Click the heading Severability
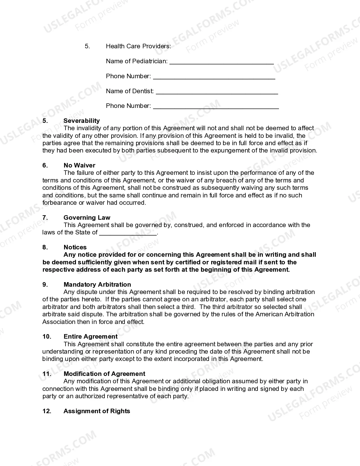[x=82, y=121]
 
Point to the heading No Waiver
[x=79, y=166]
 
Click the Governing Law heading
[x=87, y=218]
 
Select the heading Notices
[x=75, y=247]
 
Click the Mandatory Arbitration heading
[x=97, y=285]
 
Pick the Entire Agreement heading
[x=90, y=337]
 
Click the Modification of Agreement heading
[x=104, y=374]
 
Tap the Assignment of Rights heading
[x=97, y=411]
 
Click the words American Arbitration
[x=285, y=314]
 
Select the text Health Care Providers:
[x=138, y=46]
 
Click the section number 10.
[x=47, y=337]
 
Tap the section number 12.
[x=47, y=411]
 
